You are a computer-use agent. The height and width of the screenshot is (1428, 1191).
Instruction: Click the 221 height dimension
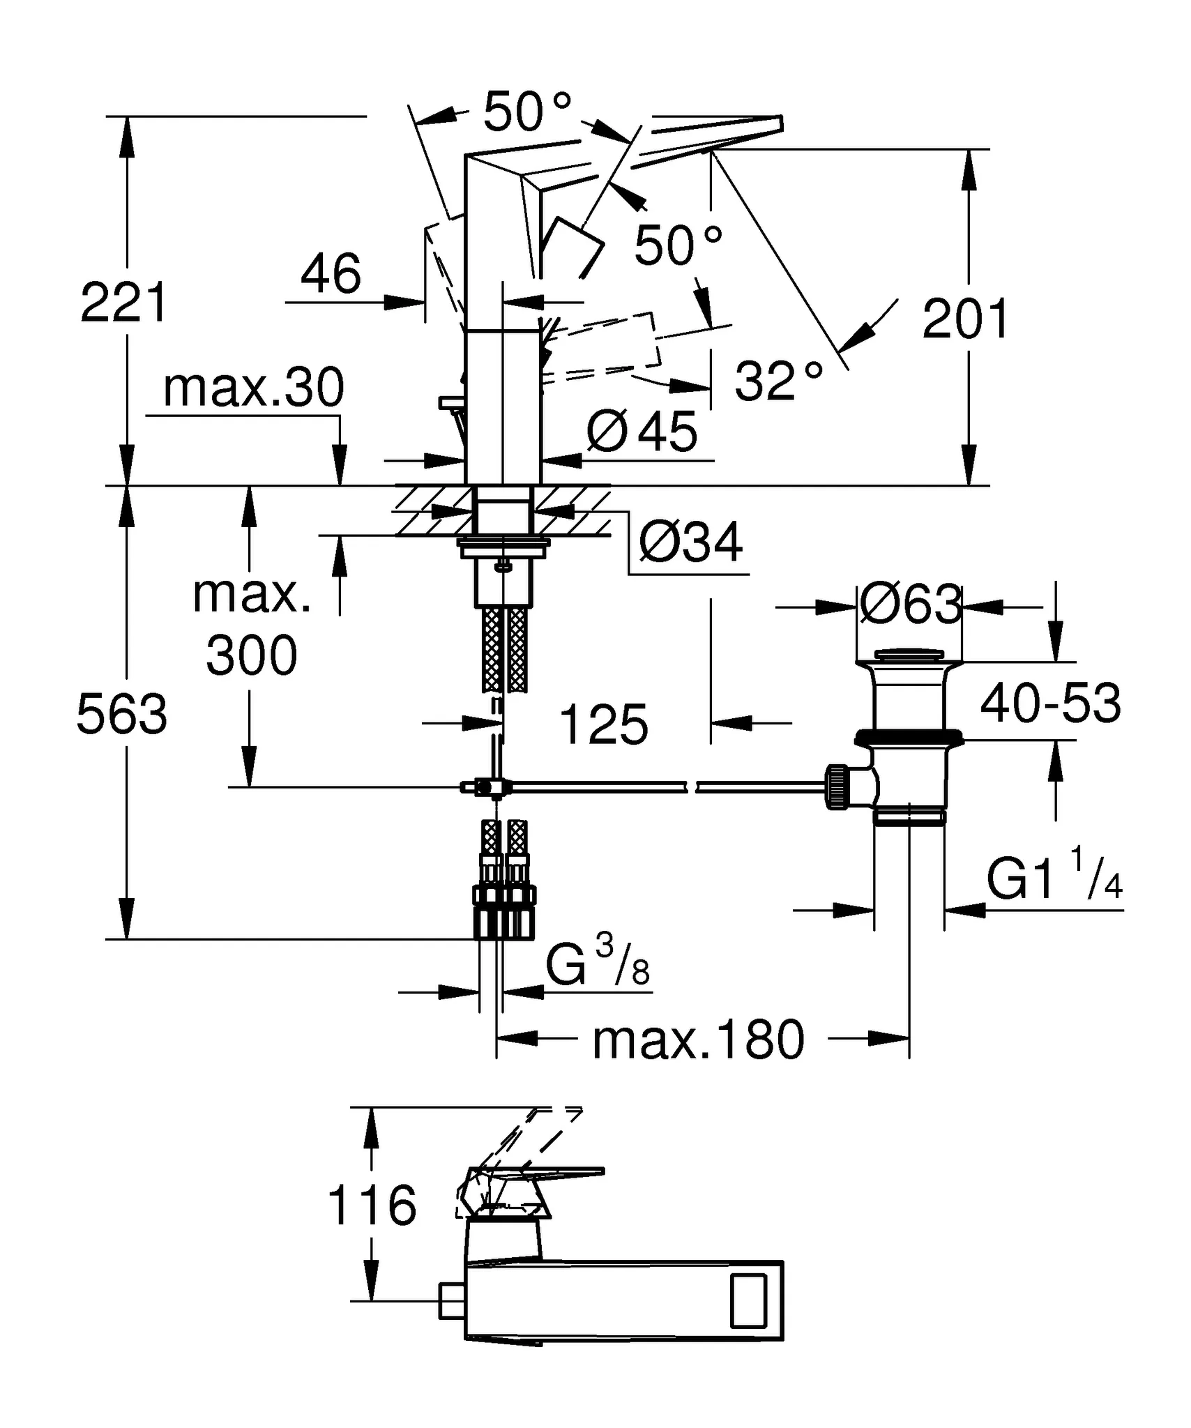(124, 303)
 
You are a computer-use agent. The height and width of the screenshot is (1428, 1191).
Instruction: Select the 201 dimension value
(965, 319)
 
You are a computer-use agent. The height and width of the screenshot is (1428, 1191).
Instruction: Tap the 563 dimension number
(122, 715)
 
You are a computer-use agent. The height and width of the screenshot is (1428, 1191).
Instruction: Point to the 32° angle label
(778, 381)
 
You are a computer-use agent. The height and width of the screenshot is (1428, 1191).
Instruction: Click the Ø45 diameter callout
(642, 432)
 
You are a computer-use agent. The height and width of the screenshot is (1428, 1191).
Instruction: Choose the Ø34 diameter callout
(690, 543)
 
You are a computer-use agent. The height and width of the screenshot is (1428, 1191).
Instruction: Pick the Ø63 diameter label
(910, 605)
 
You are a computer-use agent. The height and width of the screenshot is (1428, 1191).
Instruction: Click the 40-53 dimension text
(1050, 704)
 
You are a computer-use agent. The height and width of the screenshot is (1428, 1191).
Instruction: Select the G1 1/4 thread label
(1054, 879)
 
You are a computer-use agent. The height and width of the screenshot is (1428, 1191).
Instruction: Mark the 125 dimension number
(604, 725)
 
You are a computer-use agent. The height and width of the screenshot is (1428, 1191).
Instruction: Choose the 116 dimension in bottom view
(372, 1206)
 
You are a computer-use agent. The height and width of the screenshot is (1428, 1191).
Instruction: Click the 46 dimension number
(331, 273)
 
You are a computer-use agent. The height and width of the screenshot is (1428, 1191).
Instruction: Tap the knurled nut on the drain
(837, 787)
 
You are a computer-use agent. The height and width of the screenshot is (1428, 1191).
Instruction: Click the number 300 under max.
(252, 656)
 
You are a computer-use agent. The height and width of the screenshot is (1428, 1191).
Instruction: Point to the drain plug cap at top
(909, 655)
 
